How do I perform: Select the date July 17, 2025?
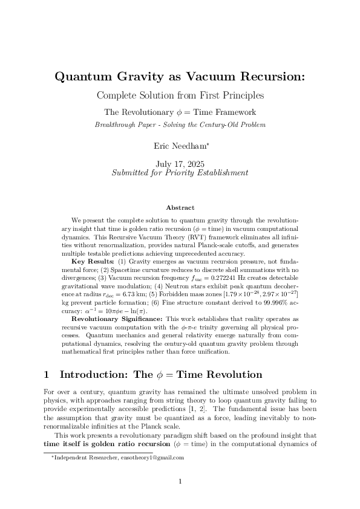(180, 163)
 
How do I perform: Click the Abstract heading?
(180, 207)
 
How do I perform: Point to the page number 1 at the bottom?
(180, 481)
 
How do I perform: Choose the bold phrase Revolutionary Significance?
(117, 319)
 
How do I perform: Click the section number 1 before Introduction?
(48, 375)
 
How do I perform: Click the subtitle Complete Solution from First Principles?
(180, 96)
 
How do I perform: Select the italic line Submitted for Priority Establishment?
(180, 172)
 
